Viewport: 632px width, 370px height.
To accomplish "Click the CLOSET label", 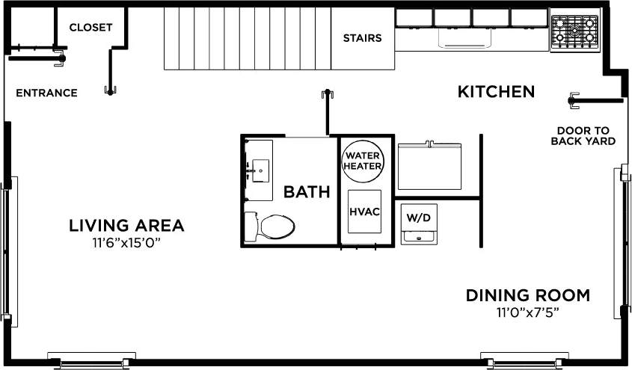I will click(90, 28).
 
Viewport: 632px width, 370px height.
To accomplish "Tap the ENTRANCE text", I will click(46, 93).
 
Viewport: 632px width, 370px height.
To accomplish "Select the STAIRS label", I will click(362, 38).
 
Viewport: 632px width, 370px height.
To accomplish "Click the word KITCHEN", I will click(496, 92).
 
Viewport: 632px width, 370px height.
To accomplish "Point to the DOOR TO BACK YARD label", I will click(583, 135).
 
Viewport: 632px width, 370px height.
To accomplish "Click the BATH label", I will click(307, 192).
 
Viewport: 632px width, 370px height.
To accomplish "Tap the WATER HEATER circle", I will click(363, 161).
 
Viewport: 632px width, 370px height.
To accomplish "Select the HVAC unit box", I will click(365, 212).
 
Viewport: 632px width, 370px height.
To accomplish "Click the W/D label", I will click(418, 218).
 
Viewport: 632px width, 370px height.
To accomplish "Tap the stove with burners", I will click(574, 33).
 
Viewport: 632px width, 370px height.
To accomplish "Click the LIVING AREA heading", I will click(126, 226).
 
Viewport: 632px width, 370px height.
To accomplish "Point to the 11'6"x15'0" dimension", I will click(126, 243).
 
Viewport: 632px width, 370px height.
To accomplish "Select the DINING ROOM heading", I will click(527, 295).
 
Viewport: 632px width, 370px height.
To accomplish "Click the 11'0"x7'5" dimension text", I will click(527, 312).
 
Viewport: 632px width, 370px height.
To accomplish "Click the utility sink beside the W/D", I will click(418, 236).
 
